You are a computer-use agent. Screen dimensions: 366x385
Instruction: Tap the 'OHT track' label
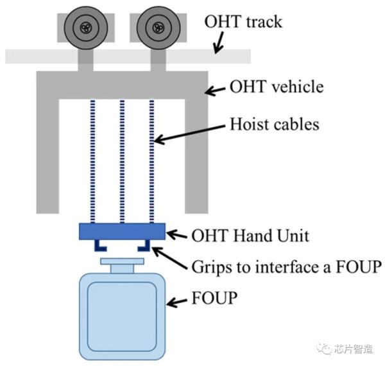pyautogui.click(x=243, y=21)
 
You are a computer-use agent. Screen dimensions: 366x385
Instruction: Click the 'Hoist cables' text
pyautogui.click(x=274, y=123)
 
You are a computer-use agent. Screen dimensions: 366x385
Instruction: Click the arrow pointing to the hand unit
pyautogui.click(x=177, y=234)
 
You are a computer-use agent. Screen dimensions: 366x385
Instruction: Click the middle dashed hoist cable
pyautogui.click(x=122, y=161)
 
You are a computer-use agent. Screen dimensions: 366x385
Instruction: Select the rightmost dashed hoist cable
pyautogui.click(x=152, y=161)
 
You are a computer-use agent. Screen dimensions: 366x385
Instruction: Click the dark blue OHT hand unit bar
pyautogui.click(x=122, y=231)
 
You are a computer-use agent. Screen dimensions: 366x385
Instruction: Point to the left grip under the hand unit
pyautogui.click(x=99, y=245)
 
